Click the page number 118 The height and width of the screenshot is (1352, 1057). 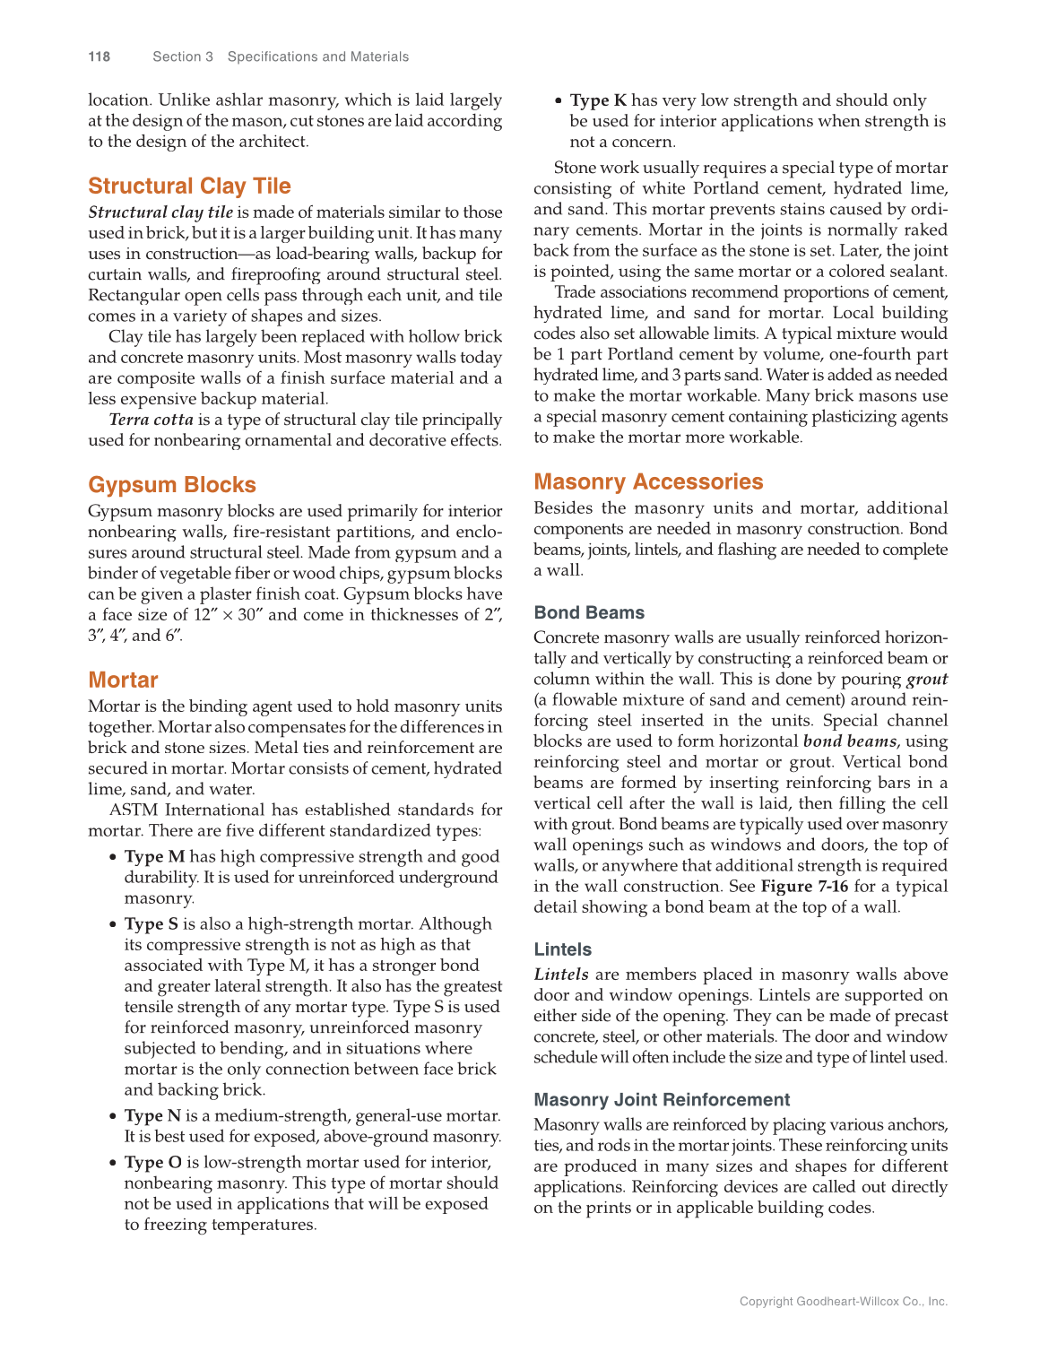coord(100,56)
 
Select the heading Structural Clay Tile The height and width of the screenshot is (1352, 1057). coord(189,186)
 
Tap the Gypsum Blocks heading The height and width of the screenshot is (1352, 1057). coord(172,485)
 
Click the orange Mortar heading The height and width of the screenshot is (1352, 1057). coord(123,680)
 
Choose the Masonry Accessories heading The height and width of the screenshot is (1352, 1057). coord(648,481)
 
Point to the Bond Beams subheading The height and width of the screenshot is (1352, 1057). coord(589,612)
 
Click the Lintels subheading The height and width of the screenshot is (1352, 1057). coord(563,949)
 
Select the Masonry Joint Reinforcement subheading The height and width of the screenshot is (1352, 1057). coord(662,1100)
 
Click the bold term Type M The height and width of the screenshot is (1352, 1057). coord(154,857)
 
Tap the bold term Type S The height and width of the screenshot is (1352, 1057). coord(151,924)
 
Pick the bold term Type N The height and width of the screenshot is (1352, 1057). coord(152,1116)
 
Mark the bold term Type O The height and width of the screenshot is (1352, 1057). coord(152,1163)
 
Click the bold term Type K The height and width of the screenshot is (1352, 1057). coord(598,100)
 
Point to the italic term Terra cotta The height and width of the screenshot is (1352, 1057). coord(151,420)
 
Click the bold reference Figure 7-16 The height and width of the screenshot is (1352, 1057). coord(804,887)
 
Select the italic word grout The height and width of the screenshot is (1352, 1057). coord(927,680)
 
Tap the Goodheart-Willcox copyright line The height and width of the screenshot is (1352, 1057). coord(843,1302)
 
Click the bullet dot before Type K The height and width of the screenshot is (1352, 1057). coord(559,101)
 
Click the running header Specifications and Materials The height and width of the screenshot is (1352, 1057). coord(317,56)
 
